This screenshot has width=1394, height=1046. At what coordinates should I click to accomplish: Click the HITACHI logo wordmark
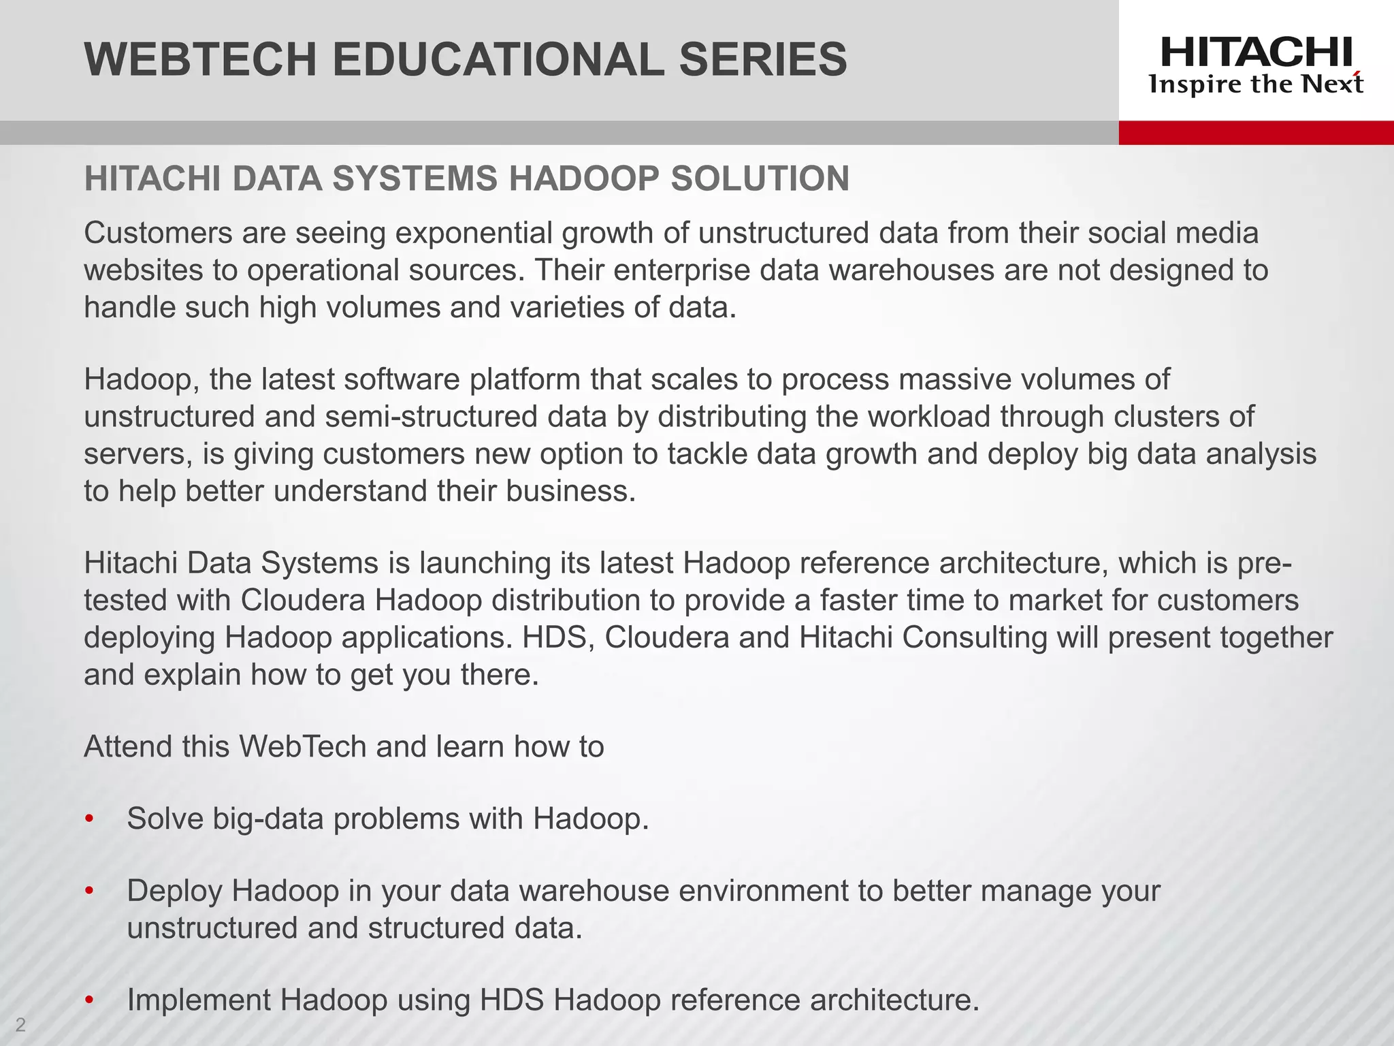pyautogui.click(x=1257, y=52)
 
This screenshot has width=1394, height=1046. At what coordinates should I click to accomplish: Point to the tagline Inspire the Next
pyautogui.click(x=1256, y=84)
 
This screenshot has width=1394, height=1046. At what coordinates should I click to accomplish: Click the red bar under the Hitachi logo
pyautogui.click(x=1256, y=133)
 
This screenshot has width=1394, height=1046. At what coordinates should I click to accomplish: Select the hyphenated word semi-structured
pyautogui.click(x=432, y=417)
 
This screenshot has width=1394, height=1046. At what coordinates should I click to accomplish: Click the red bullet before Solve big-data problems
pyautogui.click(x=88, y=819)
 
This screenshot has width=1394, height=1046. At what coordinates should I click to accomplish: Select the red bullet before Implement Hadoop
pyautogui.click(x=88, y=1001)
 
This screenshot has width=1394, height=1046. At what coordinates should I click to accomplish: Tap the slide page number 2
pyautogui.click(x=20, y=1024)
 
